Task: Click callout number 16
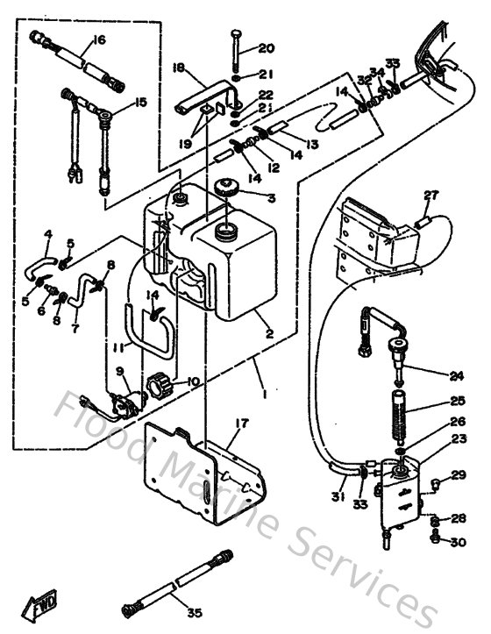98,40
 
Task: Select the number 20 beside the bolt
266,48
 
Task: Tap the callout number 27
430,196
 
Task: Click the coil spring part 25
400,409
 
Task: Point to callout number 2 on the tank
270,334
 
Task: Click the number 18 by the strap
180,68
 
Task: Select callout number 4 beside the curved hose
48,234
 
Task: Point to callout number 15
139,103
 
